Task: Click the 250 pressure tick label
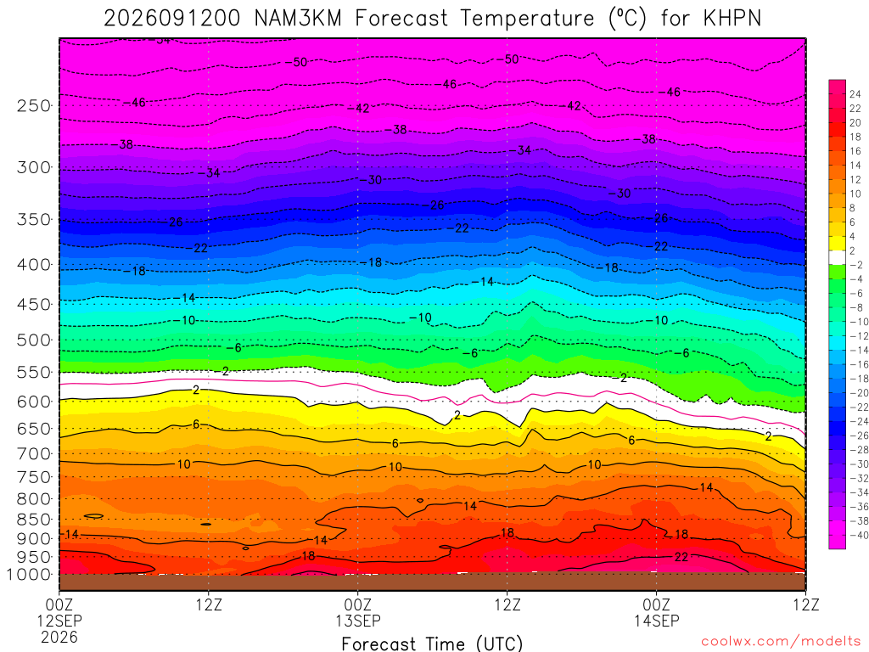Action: click(33, 105)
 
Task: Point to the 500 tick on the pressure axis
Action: click(33, 340)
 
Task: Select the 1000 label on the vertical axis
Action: click(29, 575)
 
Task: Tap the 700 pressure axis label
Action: click(33, 454)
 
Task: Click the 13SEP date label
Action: click(358, 621)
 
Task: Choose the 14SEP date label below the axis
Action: click(657, 621)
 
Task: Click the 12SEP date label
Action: click(59, 621)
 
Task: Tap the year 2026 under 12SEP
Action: click(59, 637)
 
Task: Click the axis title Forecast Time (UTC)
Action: click(432, 644)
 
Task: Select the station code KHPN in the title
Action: click(732, 19)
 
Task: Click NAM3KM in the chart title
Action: click(298, 19)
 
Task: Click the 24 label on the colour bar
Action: click(855, 94)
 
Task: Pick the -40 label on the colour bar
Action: click(859, 535)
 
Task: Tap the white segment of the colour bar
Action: click(838, 258)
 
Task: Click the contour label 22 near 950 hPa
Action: click(681, 557)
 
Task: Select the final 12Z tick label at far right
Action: click(806, 604)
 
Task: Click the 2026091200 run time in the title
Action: click(171, 19)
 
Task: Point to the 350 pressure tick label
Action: click(33, 220)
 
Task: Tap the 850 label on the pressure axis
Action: click(33, 520)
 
